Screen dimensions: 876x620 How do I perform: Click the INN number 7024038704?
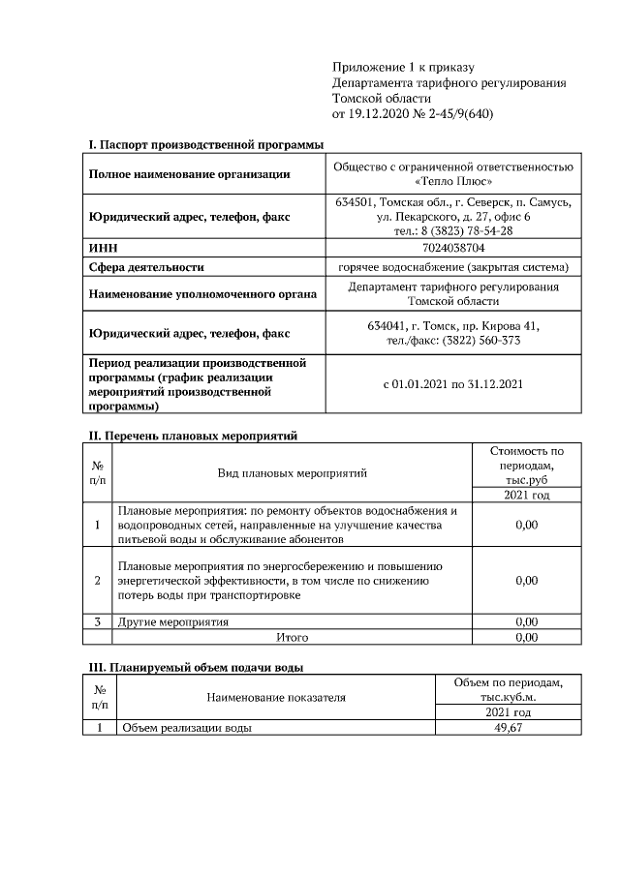(x=452, y=248)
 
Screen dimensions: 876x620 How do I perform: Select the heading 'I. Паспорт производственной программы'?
(x=205, y=144)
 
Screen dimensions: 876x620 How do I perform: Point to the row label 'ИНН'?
(x=103, y=248)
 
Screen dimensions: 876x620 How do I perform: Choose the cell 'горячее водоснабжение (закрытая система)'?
(x=452, y=266)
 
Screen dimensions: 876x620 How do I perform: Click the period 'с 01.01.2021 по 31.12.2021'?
(x=452, y=383)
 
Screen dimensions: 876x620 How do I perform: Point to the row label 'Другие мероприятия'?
(x=172, y=621)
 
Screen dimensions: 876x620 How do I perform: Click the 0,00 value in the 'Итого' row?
(x=526, y=638)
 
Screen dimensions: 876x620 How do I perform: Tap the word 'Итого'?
(x=292, y=638)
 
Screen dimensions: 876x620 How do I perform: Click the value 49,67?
(x=509, y=728)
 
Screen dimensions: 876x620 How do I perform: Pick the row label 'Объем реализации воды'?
(x=184, y=728)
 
